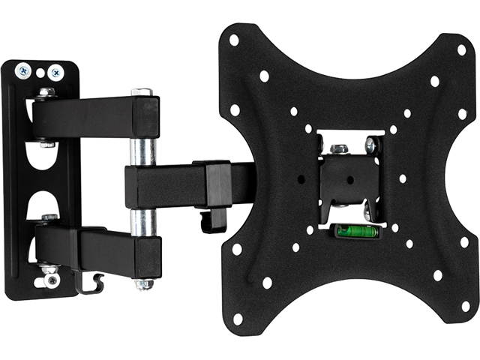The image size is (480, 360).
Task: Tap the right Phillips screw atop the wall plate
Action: pyautogui.click(x=55, y=72)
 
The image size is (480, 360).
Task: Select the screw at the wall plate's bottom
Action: pyautogui.click(x=51, y=280)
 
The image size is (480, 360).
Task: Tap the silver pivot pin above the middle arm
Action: pyautogui.click(x=143, y=151)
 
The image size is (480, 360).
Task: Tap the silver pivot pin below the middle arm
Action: pyautogui.click(x=143, y=221)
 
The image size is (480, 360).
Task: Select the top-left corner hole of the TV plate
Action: pyautogui.click(x=234, y=40)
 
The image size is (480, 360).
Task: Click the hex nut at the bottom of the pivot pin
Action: pyautogui.click(x=143, y=284)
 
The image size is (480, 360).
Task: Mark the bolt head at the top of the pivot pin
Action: pyautogui.click(x=142, y=92)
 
